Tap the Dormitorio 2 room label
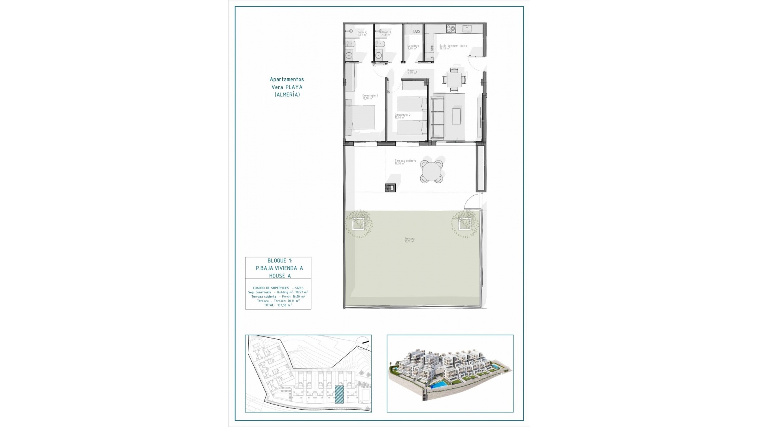[402, 115]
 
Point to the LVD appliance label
[416, 32]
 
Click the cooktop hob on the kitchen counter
[451, 28]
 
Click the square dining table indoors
[454, 79]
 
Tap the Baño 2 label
[362, 32]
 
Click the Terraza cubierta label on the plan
[405, 161]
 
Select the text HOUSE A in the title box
[279, 276]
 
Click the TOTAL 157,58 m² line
[278, 305]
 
